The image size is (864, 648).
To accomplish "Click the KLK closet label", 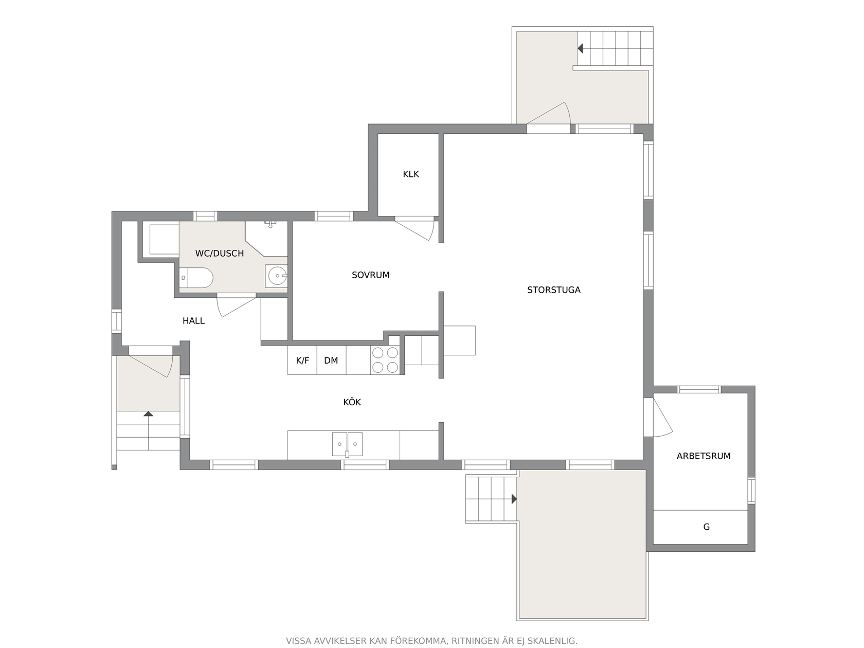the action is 410,174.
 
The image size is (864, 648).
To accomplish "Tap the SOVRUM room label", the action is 370,275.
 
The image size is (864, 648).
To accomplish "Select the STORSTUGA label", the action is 553,290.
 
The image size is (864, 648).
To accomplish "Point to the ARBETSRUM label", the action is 704,456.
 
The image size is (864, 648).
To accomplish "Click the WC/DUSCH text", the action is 219,254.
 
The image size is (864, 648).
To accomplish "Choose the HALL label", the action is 193,320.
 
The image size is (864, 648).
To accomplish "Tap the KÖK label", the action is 352,402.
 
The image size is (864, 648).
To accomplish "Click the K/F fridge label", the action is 302,361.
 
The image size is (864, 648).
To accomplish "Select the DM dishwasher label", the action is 331,361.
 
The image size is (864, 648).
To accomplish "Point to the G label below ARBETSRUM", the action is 707,527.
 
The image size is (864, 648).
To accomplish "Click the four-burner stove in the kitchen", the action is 385,360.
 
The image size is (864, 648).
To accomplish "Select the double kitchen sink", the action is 347,444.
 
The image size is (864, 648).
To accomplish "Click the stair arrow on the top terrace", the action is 580,48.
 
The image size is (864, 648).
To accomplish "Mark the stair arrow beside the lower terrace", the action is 514,499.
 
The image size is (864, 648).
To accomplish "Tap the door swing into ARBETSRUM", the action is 662,418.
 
